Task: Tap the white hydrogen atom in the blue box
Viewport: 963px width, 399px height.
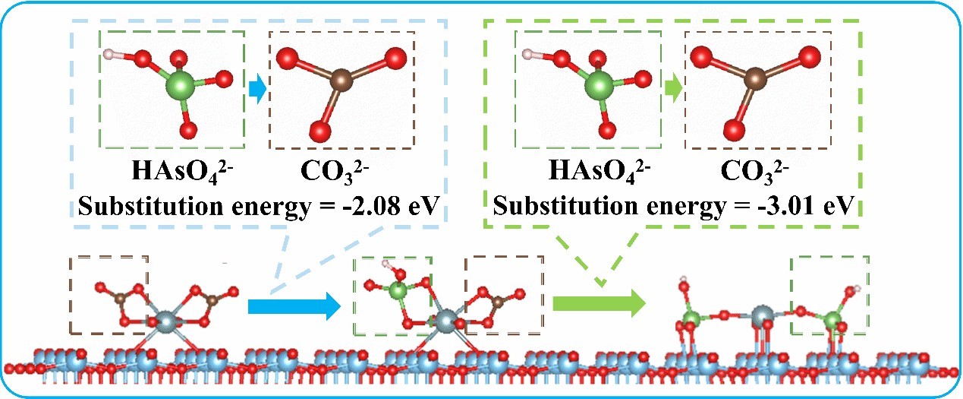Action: pyautogui.click(x=110, y=55)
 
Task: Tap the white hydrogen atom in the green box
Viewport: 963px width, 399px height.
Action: pyautogui.click(x=526, y=55)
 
